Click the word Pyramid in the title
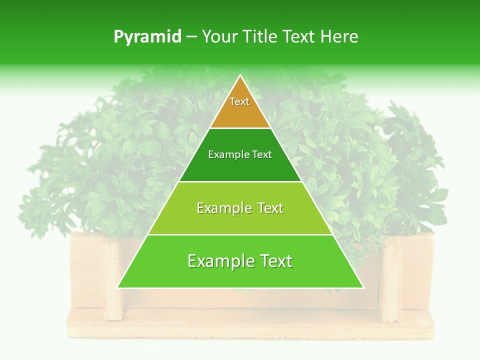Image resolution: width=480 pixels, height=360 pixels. pyautogui.click(x=147, y=37)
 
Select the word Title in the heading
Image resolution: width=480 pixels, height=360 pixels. pyautogui.click(x=261, y=37)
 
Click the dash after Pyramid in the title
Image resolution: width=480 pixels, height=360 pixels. pyautogui.click(x=191, y=37)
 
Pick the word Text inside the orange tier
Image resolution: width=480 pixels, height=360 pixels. pyautogui.click(x=239, y=101)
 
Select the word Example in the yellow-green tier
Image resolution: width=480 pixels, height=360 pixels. pyautogui.click(x=220, y=208)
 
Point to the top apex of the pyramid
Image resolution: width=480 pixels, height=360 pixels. pyautogui.click(x=240, y=75)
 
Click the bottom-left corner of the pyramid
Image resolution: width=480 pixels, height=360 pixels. pyautogui.click(x=118, y=287)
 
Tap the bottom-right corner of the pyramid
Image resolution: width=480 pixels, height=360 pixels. pyautogui.click(x=363, y=287)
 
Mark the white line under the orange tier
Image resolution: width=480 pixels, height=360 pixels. pyautogui.click(x=240, y=128)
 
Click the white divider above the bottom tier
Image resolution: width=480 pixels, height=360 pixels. pyautogui.click(x=240, y=234)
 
